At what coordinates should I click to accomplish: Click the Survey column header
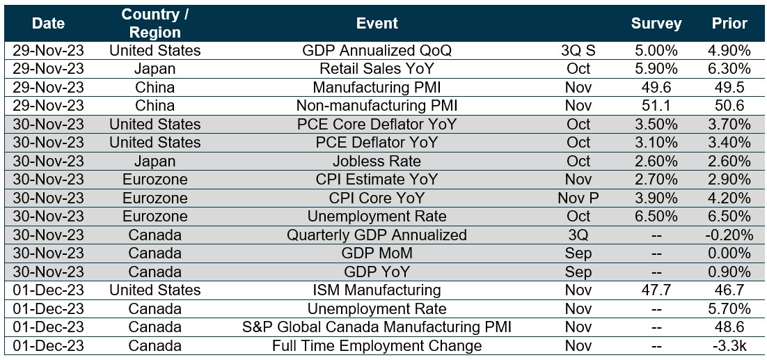click(656, 23)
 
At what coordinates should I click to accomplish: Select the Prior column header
click(729, 23)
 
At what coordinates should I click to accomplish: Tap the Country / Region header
click(155, 23)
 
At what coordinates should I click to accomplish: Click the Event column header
click(377, 23)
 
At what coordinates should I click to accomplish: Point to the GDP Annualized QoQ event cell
click(377, 51)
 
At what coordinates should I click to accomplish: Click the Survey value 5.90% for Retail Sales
click(656, 69)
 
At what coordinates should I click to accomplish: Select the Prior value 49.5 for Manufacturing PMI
click(729, 87)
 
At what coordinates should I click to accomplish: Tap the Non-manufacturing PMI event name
click(377, 106)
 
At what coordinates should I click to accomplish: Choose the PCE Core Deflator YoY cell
click(377, 124)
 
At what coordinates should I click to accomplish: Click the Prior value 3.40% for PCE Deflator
click(729, 143)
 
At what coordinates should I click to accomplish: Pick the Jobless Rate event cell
click(377, 161)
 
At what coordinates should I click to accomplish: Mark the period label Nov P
click(578, 198)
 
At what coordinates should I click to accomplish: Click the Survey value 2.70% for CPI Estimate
click(656, 180)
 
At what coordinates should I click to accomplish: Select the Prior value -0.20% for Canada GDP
click(729, 235)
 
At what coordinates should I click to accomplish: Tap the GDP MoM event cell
click(377, 253)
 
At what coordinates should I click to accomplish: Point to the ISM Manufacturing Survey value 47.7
click(656, 290)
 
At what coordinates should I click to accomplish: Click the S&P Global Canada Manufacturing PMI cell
click(377, 327)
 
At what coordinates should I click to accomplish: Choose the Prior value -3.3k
click(729, 345)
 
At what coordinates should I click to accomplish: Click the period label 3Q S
click(578, 51)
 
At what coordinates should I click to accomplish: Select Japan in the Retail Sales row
click(155, 69)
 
